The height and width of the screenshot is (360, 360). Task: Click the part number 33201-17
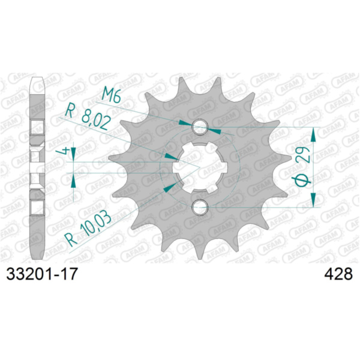point(41,274)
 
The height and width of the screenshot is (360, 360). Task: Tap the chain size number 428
point(337,274)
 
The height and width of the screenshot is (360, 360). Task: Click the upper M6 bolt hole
point(200,127)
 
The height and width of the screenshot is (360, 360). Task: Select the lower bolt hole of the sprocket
point(200,208)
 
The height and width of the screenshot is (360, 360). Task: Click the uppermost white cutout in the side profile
point(37,127)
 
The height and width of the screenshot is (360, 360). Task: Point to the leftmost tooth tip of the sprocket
point(111,160)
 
